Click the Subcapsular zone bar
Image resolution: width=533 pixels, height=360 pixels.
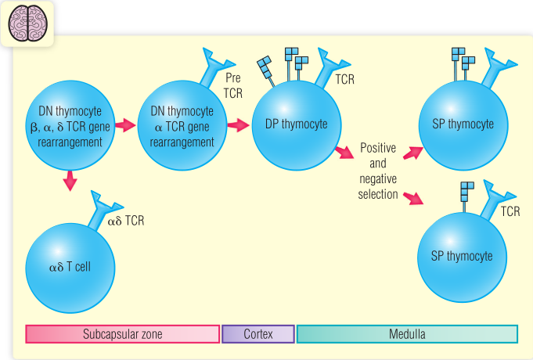coord(122,334)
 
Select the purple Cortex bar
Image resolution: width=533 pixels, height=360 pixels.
coord(258,334)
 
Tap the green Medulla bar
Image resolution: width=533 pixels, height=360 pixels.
coord(407,334)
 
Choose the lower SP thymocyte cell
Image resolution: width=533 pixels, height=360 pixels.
coord(463,255)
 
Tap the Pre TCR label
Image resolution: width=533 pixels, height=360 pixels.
coord(234,87)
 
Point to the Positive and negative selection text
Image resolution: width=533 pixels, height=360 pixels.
coord(379,171)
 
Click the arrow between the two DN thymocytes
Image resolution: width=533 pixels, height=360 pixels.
coord(125,124)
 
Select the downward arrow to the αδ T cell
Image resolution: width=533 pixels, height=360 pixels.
coord(70,179)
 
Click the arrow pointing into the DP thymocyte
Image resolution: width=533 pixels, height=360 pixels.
coord(238,124)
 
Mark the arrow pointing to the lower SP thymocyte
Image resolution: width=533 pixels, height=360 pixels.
coord(412,196)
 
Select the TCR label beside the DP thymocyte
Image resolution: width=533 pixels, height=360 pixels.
coord(345,80)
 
